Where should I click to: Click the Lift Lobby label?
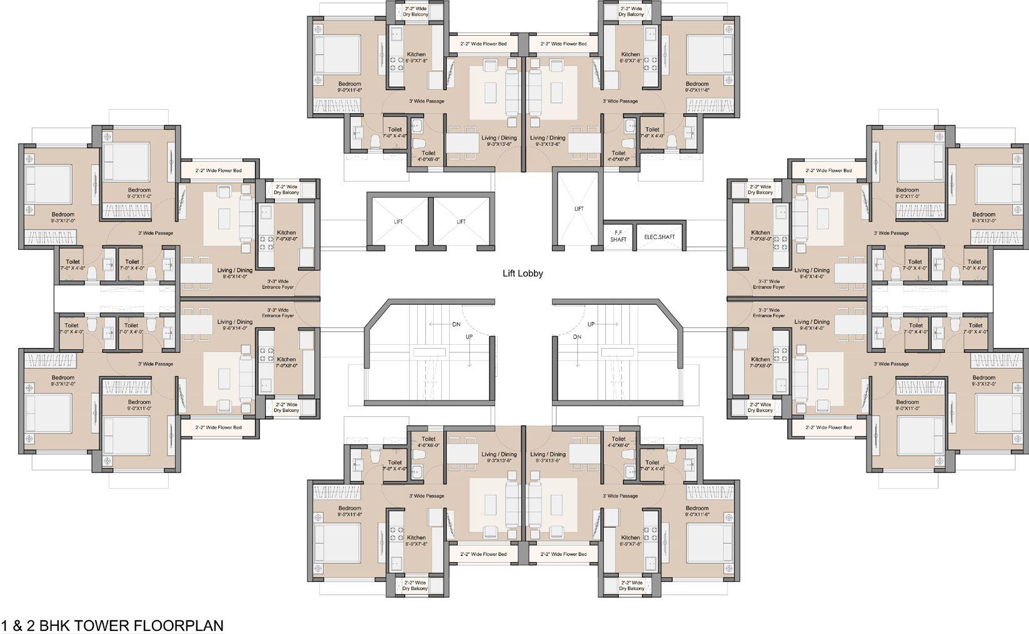pyautogui.click(x=523, y=274)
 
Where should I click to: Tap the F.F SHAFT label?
pyautogui.click(x=618, y=235)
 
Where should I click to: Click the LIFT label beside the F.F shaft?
pyautogui.click(x=579, y=208)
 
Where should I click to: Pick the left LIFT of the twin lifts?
pyautogui.click(x=399, y=222)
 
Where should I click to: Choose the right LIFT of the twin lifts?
pyautogui.click(x=461, y=222)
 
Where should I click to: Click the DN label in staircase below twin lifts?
pyautogui.click(x=456, y=324)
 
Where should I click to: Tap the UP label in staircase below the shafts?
pyautogui.click(x=591, y=324)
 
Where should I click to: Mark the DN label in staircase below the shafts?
pyautogui.click(x=576, y=337)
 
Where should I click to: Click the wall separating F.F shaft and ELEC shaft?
pyautogui.click(x=633, y=236)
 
